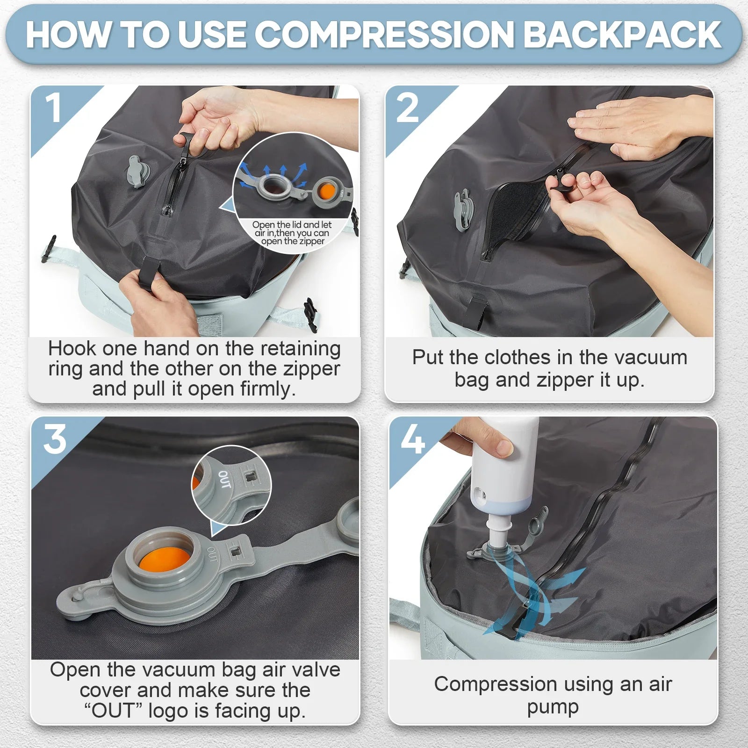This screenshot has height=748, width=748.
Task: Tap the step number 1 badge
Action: click(x=54, y=108)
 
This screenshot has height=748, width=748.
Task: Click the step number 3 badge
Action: click(x=55, y=440)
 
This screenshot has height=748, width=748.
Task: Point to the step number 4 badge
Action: click(x=412, y=440)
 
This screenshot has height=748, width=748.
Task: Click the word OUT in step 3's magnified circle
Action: click(x=224, y=480)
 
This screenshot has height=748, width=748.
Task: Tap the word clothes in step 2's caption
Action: click(x=517, y=358)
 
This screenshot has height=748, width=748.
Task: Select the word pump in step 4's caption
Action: click(x=553, y=707)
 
